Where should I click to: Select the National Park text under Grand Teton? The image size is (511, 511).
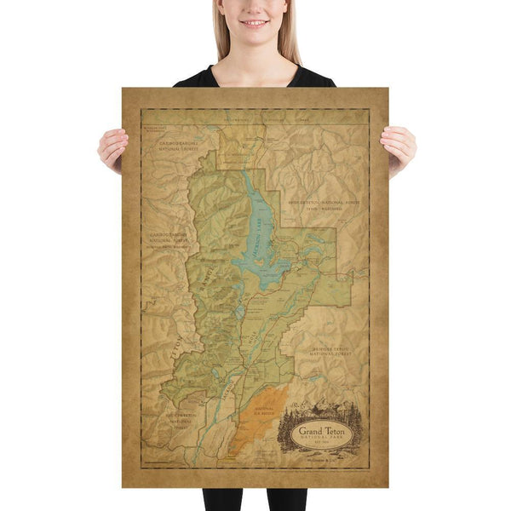324,441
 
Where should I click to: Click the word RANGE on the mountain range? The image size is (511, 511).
204,278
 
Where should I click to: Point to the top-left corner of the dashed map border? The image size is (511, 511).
142,110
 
